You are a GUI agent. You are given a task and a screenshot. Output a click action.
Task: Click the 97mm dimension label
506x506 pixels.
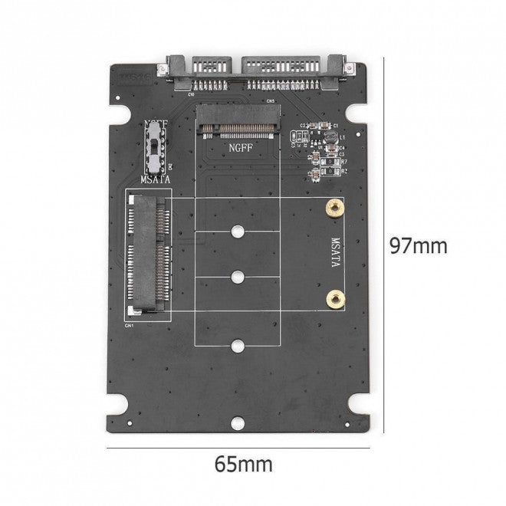(x=417, y=246)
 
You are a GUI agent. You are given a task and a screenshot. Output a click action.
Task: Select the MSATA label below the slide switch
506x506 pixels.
(x=156, y=179)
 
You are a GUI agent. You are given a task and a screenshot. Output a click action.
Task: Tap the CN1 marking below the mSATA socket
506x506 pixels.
(x=129, y=324)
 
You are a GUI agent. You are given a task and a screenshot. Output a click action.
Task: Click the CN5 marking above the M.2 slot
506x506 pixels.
(x=269, y=100)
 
